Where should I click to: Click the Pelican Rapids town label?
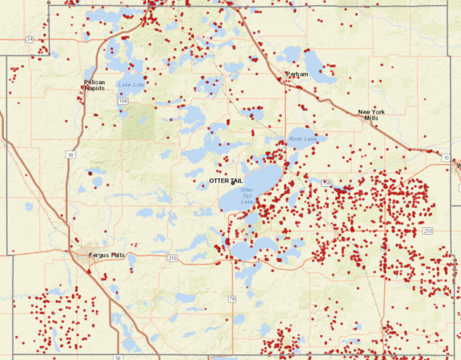(x=94, y=85)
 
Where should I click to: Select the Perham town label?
(x=297, y=74)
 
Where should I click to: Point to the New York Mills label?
(x=368, y=115)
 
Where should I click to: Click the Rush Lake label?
(x=303, y=139)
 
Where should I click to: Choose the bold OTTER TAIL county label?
(x=226, y=181)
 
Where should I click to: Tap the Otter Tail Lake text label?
(x=247, y=196)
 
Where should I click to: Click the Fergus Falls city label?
(x=106, y=255)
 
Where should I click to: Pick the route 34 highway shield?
(x=29, y=39)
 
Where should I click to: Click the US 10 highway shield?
(x=446, y=158)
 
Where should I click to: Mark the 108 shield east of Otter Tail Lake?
(x=327, y=183)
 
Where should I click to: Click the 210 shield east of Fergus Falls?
(x=172, y=258)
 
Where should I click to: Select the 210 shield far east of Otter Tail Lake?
(x=428, y=231)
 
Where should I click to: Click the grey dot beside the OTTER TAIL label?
(x=233, y=183)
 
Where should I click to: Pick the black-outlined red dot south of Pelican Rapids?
(x=90, y=173)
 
